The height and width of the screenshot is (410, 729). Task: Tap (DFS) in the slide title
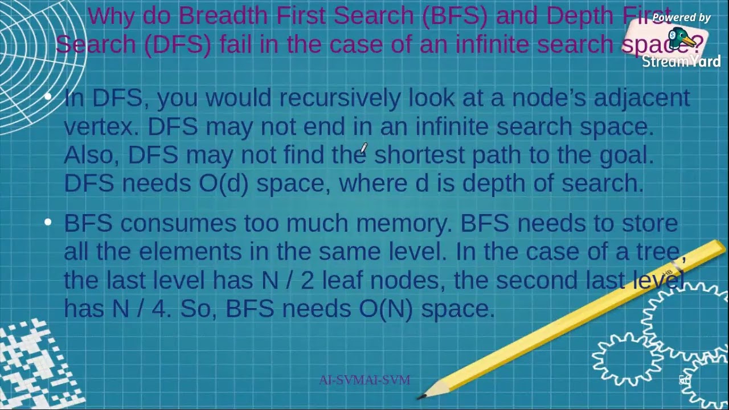178,44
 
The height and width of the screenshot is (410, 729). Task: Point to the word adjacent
641,98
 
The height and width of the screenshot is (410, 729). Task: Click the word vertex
101,126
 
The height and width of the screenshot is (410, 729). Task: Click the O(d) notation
223,183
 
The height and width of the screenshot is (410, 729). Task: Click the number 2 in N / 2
307,280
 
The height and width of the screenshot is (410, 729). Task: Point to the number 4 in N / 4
159,309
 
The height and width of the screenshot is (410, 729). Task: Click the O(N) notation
386,309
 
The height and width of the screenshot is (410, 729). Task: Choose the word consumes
178,223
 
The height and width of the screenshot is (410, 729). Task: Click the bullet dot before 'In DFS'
48,97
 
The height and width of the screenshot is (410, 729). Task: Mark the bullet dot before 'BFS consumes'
48,222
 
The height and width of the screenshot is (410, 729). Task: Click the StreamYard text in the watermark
681,61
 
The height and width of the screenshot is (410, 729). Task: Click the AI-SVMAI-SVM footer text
364,380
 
